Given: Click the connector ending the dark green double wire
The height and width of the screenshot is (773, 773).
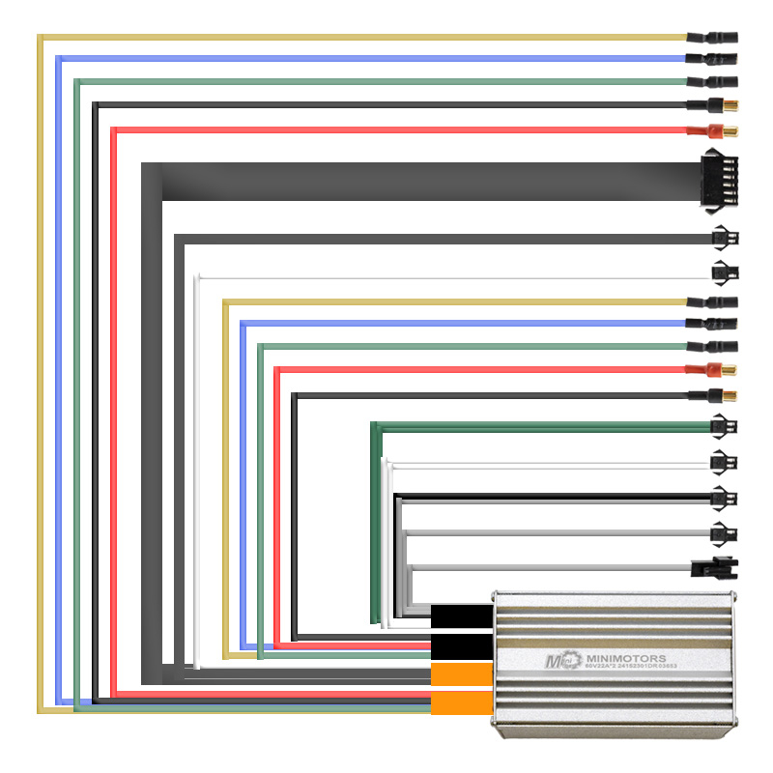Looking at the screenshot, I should point(723,425).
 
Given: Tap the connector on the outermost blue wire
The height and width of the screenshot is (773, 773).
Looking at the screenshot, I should point(715,60).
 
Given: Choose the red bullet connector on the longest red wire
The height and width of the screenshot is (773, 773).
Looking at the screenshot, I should point(714,130).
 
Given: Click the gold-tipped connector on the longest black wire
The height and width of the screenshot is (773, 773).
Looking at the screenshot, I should point(716,105).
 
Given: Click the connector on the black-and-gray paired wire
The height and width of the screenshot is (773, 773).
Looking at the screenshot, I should point(723,499).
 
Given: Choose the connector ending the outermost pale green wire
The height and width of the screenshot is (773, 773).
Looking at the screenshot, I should point(715,81).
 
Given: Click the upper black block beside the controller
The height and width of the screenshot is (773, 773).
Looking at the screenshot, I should point(461,616).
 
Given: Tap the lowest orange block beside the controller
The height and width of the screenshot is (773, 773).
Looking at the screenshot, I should point(461,703).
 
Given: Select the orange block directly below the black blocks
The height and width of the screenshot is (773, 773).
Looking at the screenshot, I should point(461,674).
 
